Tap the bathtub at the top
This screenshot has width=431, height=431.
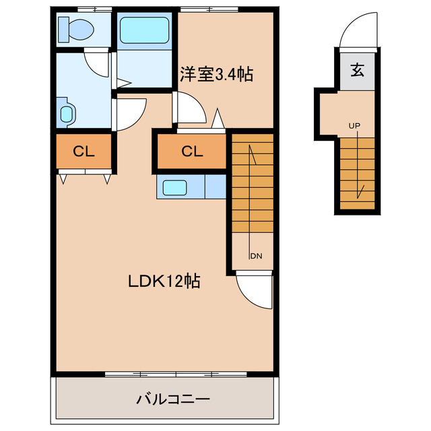click(143, 30)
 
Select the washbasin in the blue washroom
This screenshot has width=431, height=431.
click(66, 112)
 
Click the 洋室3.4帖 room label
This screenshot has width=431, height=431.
click(215, 74)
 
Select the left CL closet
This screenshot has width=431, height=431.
click(83, 152)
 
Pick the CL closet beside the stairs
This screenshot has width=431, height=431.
click(192, 152)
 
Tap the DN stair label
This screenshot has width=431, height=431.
click(256, 256)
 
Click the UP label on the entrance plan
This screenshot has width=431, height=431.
click(354, 126)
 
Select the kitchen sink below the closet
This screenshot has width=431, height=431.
click(176, 187)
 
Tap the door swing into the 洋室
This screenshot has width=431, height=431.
click(189, 108)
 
